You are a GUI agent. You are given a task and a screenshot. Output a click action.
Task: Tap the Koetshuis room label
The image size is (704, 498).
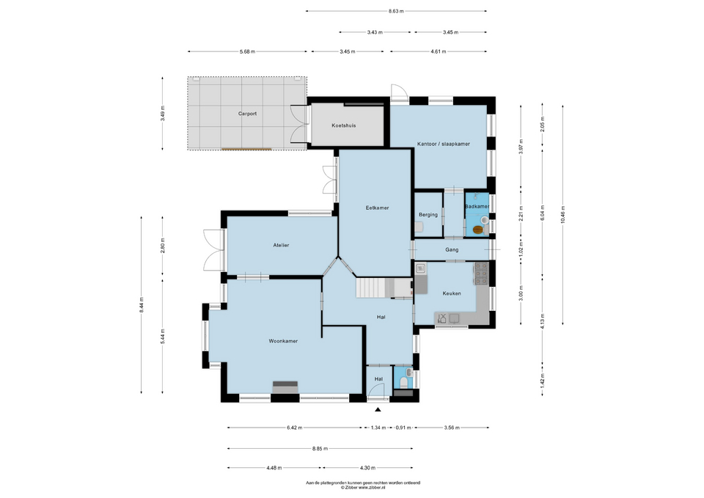(x=344, y=125)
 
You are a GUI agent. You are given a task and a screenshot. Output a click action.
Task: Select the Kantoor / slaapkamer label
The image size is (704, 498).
(x=443, y=144)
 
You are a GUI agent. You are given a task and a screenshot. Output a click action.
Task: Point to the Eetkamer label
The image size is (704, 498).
(x=377, y=208)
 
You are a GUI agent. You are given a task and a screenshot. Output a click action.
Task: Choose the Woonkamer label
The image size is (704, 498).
(x=283, y=341)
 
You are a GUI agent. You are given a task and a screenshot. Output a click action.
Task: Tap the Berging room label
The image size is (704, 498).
(x=428, y=215)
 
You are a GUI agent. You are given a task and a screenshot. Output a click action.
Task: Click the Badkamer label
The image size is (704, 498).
(x=477, y=207)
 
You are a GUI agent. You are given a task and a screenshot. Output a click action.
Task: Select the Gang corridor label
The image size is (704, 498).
(x=452, y=250)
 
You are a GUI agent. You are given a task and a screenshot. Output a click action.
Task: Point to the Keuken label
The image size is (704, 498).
(x=452, y=293)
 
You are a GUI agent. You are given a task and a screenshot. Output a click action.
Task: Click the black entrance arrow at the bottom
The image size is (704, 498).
(x=378, y=410)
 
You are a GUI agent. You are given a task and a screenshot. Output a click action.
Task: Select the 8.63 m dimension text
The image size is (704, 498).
(x=396, y=11)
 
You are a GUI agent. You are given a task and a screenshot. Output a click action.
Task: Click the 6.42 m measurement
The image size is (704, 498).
(x=295, y=428)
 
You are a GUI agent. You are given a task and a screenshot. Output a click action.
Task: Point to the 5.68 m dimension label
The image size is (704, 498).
(x=248, y=51)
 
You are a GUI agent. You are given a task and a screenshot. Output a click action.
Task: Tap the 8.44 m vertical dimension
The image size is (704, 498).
(x=142, y=304)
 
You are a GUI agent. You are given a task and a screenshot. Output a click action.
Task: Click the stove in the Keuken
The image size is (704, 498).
(x=483, y=274)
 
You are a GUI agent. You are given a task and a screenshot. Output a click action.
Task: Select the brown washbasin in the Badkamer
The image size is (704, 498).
(x=478, y=230)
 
